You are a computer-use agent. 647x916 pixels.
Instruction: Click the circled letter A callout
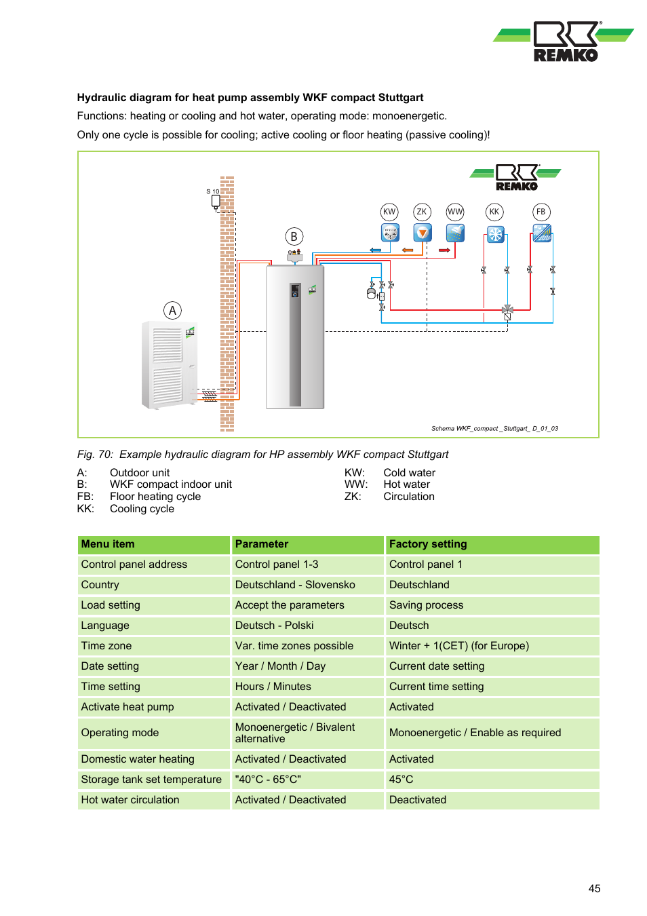pyautogui.click(x=172, y=311)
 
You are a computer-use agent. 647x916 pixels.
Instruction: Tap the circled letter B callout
pyautogui.click(x=294, y=237)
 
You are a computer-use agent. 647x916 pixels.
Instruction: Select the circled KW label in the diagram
pyautogui.click(x=389, y=212)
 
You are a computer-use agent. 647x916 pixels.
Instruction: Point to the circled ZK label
pyautogui.click(x=422, y=212)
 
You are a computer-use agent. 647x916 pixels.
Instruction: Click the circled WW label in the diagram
pyautogui.click(x=455, y=212)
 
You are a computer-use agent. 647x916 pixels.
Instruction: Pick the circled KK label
pyautogui.click(x=494, y=212)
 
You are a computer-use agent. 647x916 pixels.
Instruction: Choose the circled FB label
pyautogui.click(x=541, y=212)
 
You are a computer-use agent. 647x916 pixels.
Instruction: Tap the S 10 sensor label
pyautogui.click(x=213, y=192)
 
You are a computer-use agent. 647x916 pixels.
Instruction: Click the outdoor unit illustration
pyautogui.click(x=169, y=365)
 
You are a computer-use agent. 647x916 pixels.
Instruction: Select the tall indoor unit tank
pyautogui.click(x=295, y=337)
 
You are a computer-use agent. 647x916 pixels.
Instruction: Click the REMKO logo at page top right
pyautogui.click(x=564, y=41)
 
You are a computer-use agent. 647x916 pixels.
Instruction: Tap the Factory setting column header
pyautogui.click(x=428, y=544)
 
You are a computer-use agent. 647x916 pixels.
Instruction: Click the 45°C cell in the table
pyautogui.click(x=401, y=780)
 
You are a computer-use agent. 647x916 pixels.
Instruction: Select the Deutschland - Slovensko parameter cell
pyautogui.click(x=295, y=585)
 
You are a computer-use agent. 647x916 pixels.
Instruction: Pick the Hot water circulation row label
pyautogui.click(x=130, y=800)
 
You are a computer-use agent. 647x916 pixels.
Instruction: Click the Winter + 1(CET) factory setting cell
pyautogui.click(x=459, y=646)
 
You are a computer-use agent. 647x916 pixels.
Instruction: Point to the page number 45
pyautogui.click(x=594, y=889)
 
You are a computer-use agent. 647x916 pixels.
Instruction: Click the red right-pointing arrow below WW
pyautogui.click(x=445, y=250)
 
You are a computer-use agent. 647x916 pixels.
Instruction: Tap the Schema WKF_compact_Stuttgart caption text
pyautogui.click(x=494, y=429)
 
